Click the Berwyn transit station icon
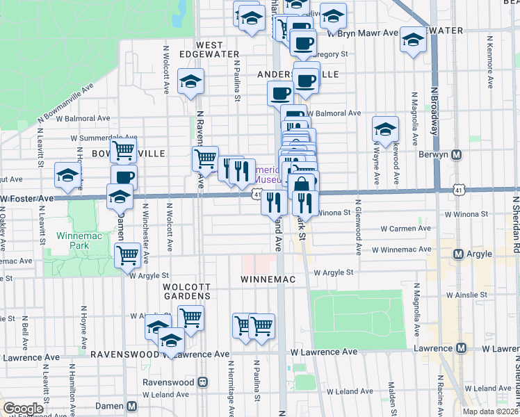[457, 154]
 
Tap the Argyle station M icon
[458, 254]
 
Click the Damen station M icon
[132, 406]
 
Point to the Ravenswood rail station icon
[203, 382]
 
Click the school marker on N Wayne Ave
[385, 129]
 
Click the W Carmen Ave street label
[406, 228]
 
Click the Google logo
[23, 409]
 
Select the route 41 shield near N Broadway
[457, 189]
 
